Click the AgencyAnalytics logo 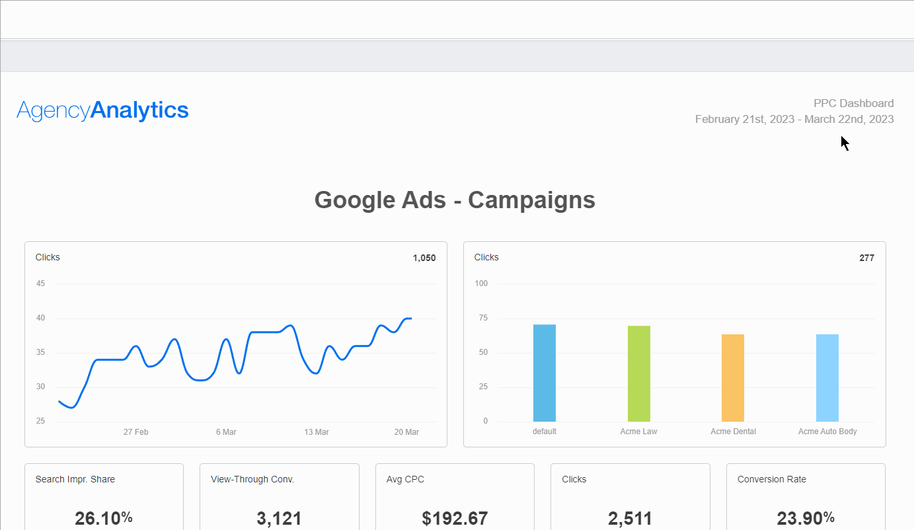pos(102,110)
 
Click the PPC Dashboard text pos(853,103)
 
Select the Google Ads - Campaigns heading pos(455,200)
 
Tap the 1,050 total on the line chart pos(424,258)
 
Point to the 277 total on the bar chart pos(866,258)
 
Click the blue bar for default pos(545,373)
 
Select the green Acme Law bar pos(639,373)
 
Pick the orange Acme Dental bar pos(733,377)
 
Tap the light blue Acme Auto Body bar pos(827,377)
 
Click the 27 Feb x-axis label pos(135,432)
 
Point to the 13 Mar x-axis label pos(317,432)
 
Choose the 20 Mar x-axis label pos(406,432)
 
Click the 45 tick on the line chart pos(41,284)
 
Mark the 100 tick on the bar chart pos(481,284)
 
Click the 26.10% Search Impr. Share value pos(104,518)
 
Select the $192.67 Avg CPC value pos(455,518)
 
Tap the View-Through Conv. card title pos(252,479)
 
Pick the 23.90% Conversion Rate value pos(806,518)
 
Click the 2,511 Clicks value pos(630,518)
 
